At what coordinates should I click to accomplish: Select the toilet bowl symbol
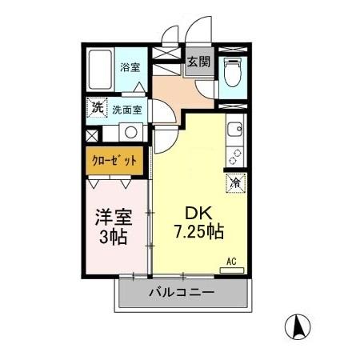click(x=233, y=74)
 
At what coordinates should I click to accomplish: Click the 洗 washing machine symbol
click(x=96, y=104)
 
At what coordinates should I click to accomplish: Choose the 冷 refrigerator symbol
click(x=236, y=182)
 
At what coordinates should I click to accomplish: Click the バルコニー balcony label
click(x=181, y=293)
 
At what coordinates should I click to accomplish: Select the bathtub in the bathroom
click(x=101, y=71)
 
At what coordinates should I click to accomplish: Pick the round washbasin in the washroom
click(x=130, y=133)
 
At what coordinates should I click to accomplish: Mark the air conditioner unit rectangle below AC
click(x=232, y=270)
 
